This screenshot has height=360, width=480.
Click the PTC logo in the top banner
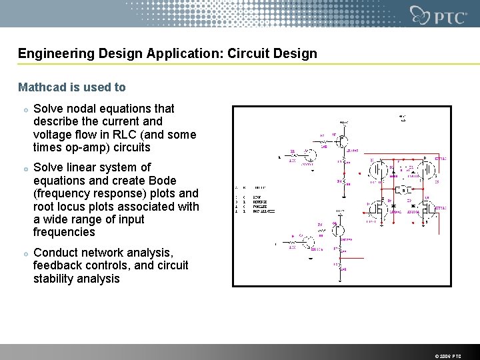[x=439, y=15]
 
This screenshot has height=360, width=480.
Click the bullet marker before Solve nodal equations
[x=24, y=109]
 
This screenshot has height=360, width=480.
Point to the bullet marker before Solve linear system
[x=24, y=168]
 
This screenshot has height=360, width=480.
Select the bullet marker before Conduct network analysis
[x=24, y=253]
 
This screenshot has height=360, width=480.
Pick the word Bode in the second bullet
[x=163, y=181]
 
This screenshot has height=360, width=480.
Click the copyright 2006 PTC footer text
[x=447, y=356]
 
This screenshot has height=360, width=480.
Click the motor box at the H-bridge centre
[x=403, y=190]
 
